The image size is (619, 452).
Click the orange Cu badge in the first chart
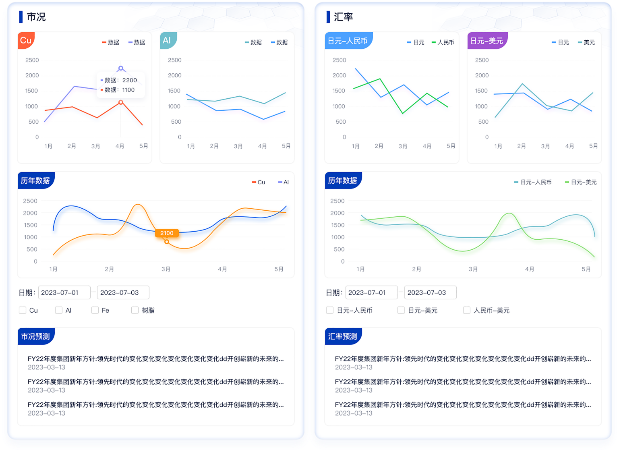(26, 41)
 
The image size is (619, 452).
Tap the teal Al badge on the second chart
(167, 41)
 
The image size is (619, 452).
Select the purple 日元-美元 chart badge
(487, 41)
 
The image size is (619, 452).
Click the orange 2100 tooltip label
(167, 233)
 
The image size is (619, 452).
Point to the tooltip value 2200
(130, 80)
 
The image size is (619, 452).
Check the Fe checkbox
(95, 310)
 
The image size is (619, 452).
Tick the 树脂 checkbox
(135, 310)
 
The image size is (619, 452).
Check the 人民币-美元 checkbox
(467, 310)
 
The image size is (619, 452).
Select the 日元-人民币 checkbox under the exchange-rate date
(330, 310)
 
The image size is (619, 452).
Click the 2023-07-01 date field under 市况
(64, 292)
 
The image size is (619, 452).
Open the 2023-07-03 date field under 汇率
(430, 292)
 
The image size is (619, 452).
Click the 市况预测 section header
(35, 336)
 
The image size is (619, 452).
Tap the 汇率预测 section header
(343, 336)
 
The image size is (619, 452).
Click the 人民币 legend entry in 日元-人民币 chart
(443, 42)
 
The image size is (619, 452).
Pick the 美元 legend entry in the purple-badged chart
(587, 42)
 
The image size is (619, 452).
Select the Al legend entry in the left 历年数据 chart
(284, 182)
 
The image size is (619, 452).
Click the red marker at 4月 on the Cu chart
(121, 102)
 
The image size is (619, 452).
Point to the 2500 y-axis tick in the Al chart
(175, 60)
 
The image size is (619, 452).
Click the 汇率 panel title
(343, 17)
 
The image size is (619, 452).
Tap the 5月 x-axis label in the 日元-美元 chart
(593, 146)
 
